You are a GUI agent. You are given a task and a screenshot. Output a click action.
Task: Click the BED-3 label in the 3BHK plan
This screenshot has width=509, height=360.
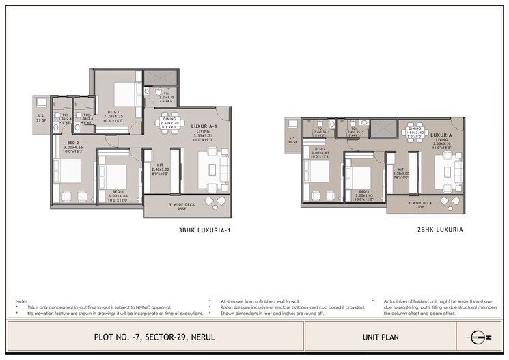[113, 113]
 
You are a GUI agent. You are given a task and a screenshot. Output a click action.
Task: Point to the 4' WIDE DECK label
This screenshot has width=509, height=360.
[420, 204]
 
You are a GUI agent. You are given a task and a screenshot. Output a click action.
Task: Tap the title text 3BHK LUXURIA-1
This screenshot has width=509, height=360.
[205, 230]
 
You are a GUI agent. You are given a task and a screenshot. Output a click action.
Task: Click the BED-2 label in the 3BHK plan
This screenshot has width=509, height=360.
[72, 145]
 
